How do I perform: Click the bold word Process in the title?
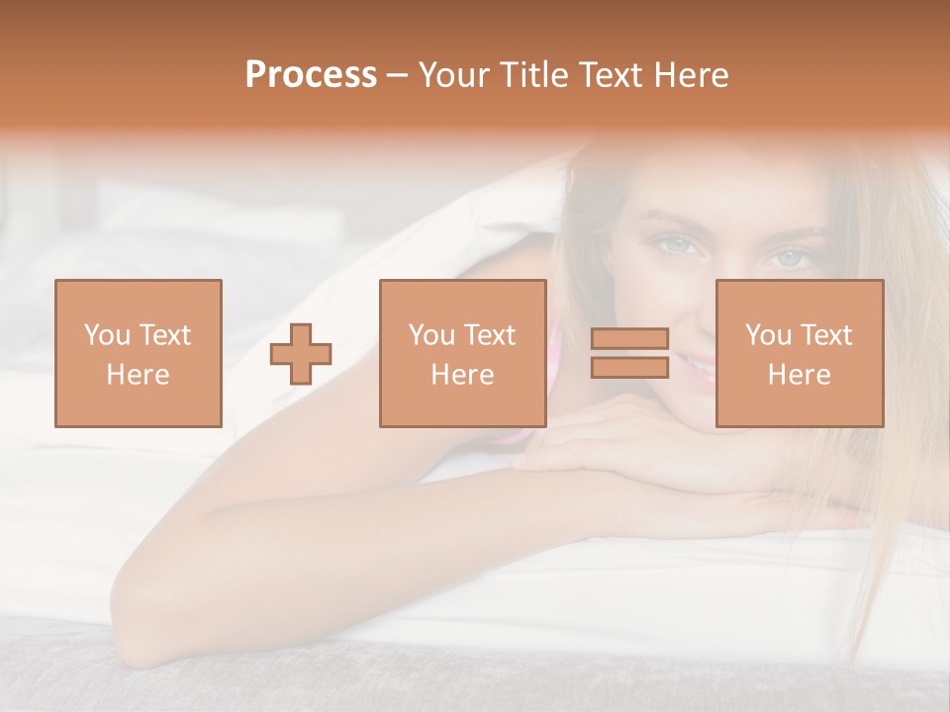[x=311, y=75]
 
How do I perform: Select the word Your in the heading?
[x=455, y=75]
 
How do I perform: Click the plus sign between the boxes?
[x=301, y=354]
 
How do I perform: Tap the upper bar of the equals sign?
[x=629, y=338]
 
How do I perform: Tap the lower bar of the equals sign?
[x=629, y=367]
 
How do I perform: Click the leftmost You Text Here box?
[x=138, y=353]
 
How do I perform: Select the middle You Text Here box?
[x=462, y=353]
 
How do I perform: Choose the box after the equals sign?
[x=799, y=353]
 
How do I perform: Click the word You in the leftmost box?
[x=106, y=334]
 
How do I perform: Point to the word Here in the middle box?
[x=462, y=375]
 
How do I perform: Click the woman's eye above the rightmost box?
[x=791, y=258]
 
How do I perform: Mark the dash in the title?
[x=397, y=75]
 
